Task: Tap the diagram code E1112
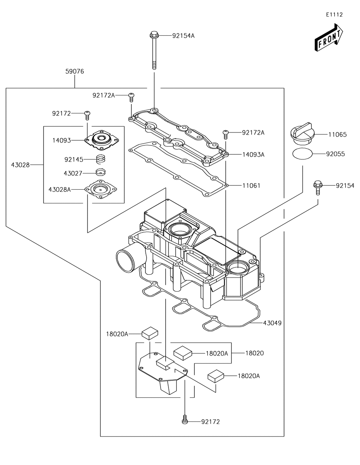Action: [334, 15]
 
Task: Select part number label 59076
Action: [75, 71]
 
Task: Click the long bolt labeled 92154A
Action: [154, 50]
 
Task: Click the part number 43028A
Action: [59, 189]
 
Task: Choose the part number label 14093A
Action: [253, 154]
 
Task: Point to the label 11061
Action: [251, 186]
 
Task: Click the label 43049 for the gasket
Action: [272, 323]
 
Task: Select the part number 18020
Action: [255, 353]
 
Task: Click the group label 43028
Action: [20, 165]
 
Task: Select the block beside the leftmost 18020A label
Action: [150, 333]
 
